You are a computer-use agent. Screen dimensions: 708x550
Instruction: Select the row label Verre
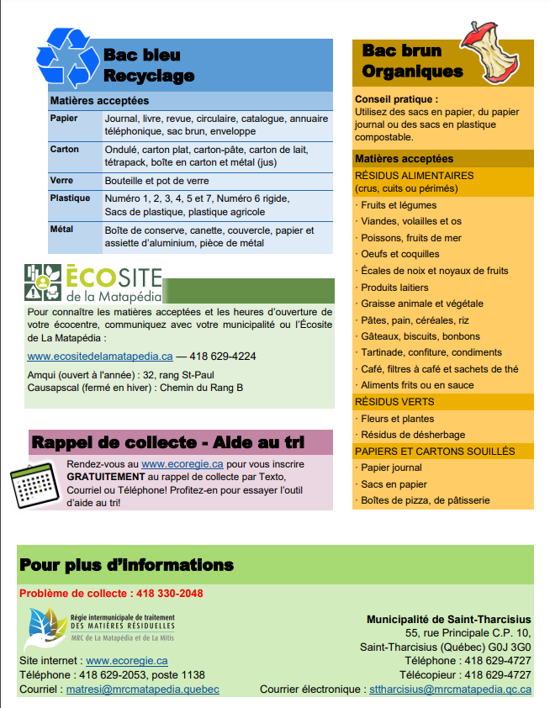tap(61, 181)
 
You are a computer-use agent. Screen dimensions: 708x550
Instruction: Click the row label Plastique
tap(70, 198)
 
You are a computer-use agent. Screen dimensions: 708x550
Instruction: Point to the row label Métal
tap(62, 230)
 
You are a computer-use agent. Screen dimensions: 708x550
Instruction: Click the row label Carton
tap(65, 150)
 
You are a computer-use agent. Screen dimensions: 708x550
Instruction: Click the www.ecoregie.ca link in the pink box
tap(181, 463)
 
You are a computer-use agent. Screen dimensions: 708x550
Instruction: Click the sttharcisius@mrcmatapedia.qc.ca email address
tap(451, 690)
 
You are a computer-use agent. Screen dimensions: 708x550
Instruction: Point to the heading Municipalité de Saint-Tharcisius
tap(448, 620)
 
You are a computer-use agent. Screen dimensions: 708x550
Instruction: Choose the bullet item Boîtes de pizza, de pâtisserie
tap(425, 500)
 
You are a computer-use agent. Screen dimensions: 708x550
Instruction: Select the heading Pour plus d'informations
tap(126, 564)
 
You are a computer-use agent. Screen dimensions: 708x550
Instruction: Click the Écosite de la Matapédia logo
tap(93, 283)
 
